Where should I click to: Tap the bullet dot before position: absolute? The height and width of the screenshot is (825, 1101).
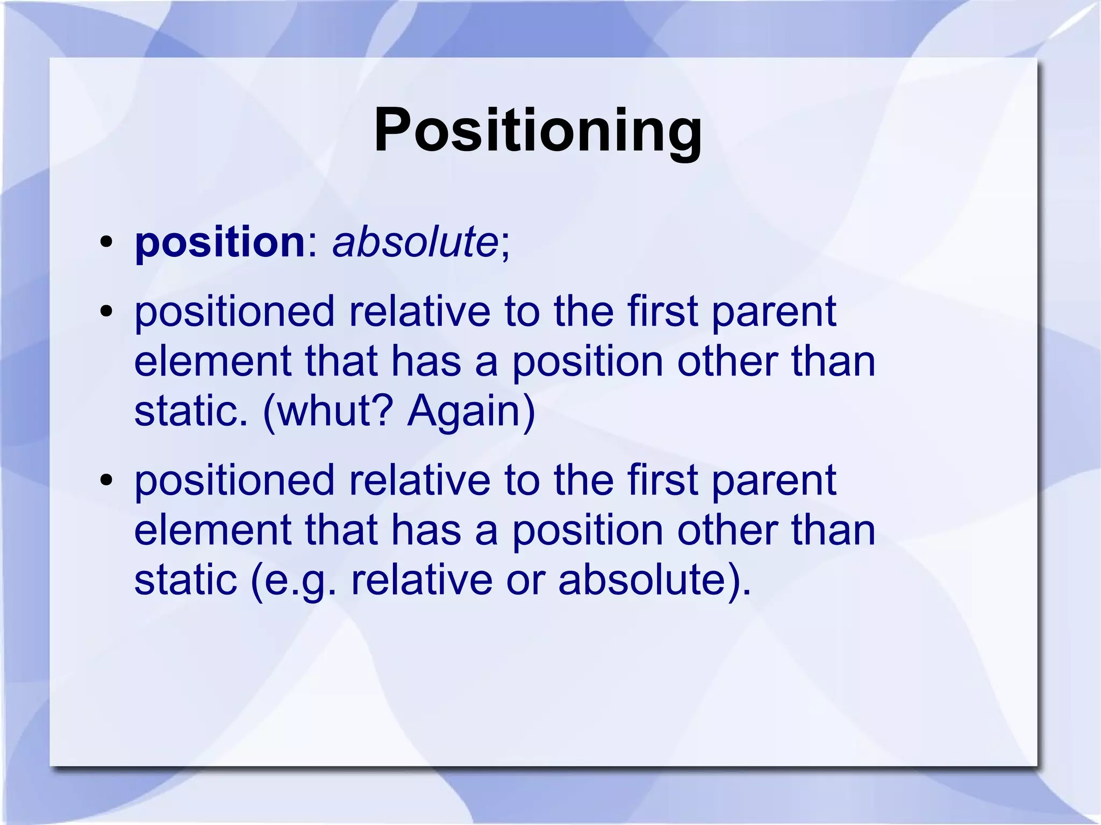106,242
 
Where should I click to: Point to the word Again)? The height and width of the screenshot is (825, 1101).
471,412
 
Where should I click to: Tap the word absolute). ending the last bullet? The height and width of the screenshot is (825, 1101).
655,580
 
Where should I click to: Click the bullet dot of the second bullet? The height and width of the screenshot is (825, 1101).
106,311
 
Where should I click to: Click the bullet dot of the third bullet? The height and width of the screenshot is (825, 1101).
106,479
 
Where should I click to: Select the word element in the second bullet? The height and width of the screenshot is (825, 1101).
213,361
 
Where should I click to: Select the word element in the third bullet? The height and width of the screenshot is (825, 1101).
213,529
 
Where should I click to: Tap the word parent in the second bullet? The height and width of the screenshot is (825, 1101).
774,313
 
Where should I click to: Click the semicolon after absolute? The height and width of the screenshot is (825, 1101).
505,248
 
